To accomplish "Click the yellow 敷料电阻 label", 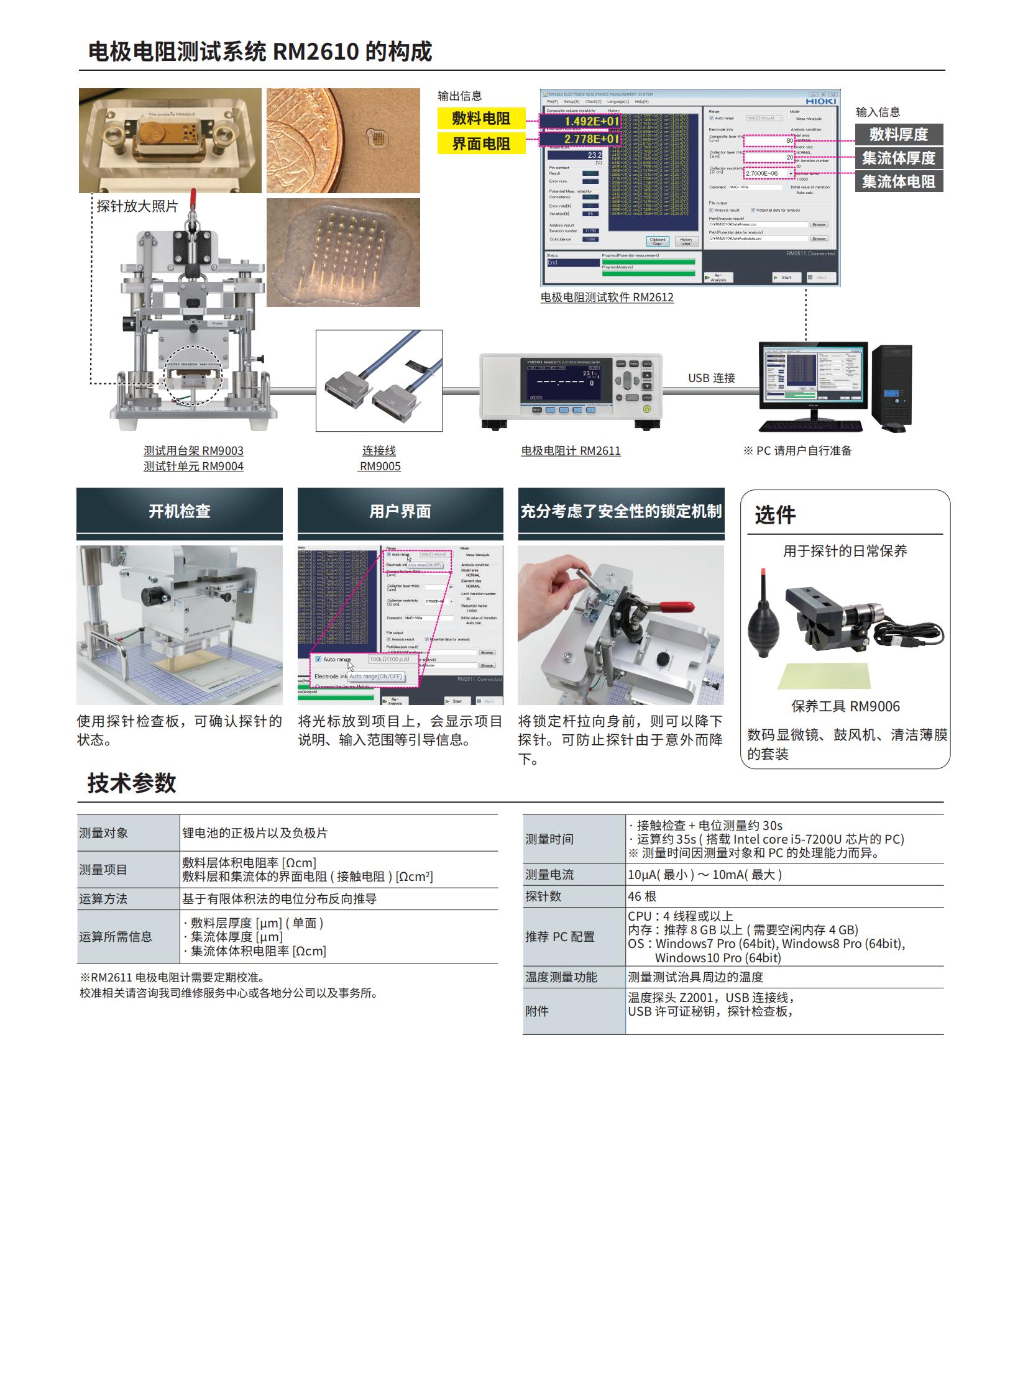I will [480, 118].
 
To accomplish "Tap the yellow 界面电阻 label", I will [480, 143].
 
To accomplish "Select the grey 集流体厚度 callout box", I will [898, 158].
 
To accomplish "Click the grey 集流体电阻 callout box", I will [898, 181].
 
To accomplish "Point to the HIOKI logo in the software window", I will [821, 101].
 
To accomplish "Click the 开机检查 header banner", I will [179, 511].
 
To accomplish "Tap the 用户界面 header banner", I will [400, 511].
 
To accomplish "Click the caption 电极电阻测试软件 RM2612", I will [607, 298].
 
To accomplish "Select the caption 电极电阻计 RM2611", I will [571, 450].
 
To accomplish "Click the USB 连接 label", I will [711, 378].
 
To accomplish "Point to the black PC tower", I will [892, 386].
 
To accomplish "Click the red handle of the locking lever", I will [676, 606].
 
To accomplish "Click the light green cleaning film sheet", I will [825, 675].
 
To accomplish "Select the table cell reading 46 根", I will [642, 896].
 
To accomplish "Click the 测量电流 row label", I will [549, 875].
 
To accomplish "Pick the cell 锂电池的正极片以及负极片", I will [254, 833].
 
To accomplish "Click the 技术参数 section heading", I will [132, 783].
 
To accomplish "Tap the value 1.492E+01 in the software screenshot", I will [591, 121].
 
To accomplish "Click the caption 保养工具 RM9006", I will [845, 707].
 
